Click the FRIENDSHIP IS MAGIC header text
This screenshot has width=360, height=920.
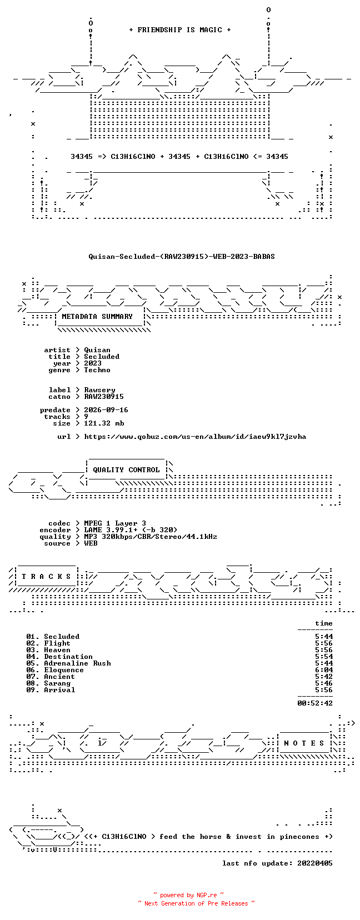click(180, 30)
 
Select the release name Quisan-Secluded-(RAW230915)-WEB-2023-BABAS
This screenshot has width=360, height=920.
click(182, 257)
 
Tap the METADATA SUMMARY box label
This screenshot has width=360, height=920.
click(97, 317)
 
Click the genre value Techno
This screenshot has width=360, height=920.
click(97, 370)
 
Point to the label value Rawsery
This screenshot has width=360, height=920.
click(100, 390)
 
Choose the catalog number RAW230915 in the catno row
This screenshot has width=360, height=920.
click(104, 397)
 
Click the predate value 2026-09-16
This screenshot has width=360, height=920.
click(106, 410)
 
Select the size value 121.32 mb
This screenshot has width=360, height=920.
click(104, 423)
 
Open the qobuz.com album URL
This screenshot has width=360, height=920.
click(195, 437)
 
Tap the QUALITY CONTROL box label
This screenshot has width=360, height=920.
click(126, 470)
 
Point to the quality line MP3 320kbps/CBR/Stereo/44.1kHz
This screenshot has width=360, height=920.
click(151, 537)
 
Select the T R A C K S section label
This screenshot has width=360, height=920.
click(46, 577)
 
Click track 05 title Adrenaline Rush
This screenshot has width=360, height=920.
click(78, 663)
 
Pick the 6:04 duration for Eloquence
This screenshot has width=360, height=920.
click(324, 670)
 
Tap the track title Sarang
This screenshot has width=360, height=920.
click(57, 683)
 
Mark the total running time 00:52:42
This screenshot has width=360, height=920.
click(315, 703)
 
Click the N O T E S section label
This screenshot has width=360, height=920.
click(304, 743)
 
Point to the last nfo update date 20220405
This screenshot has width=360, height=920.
click(315, 863)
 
